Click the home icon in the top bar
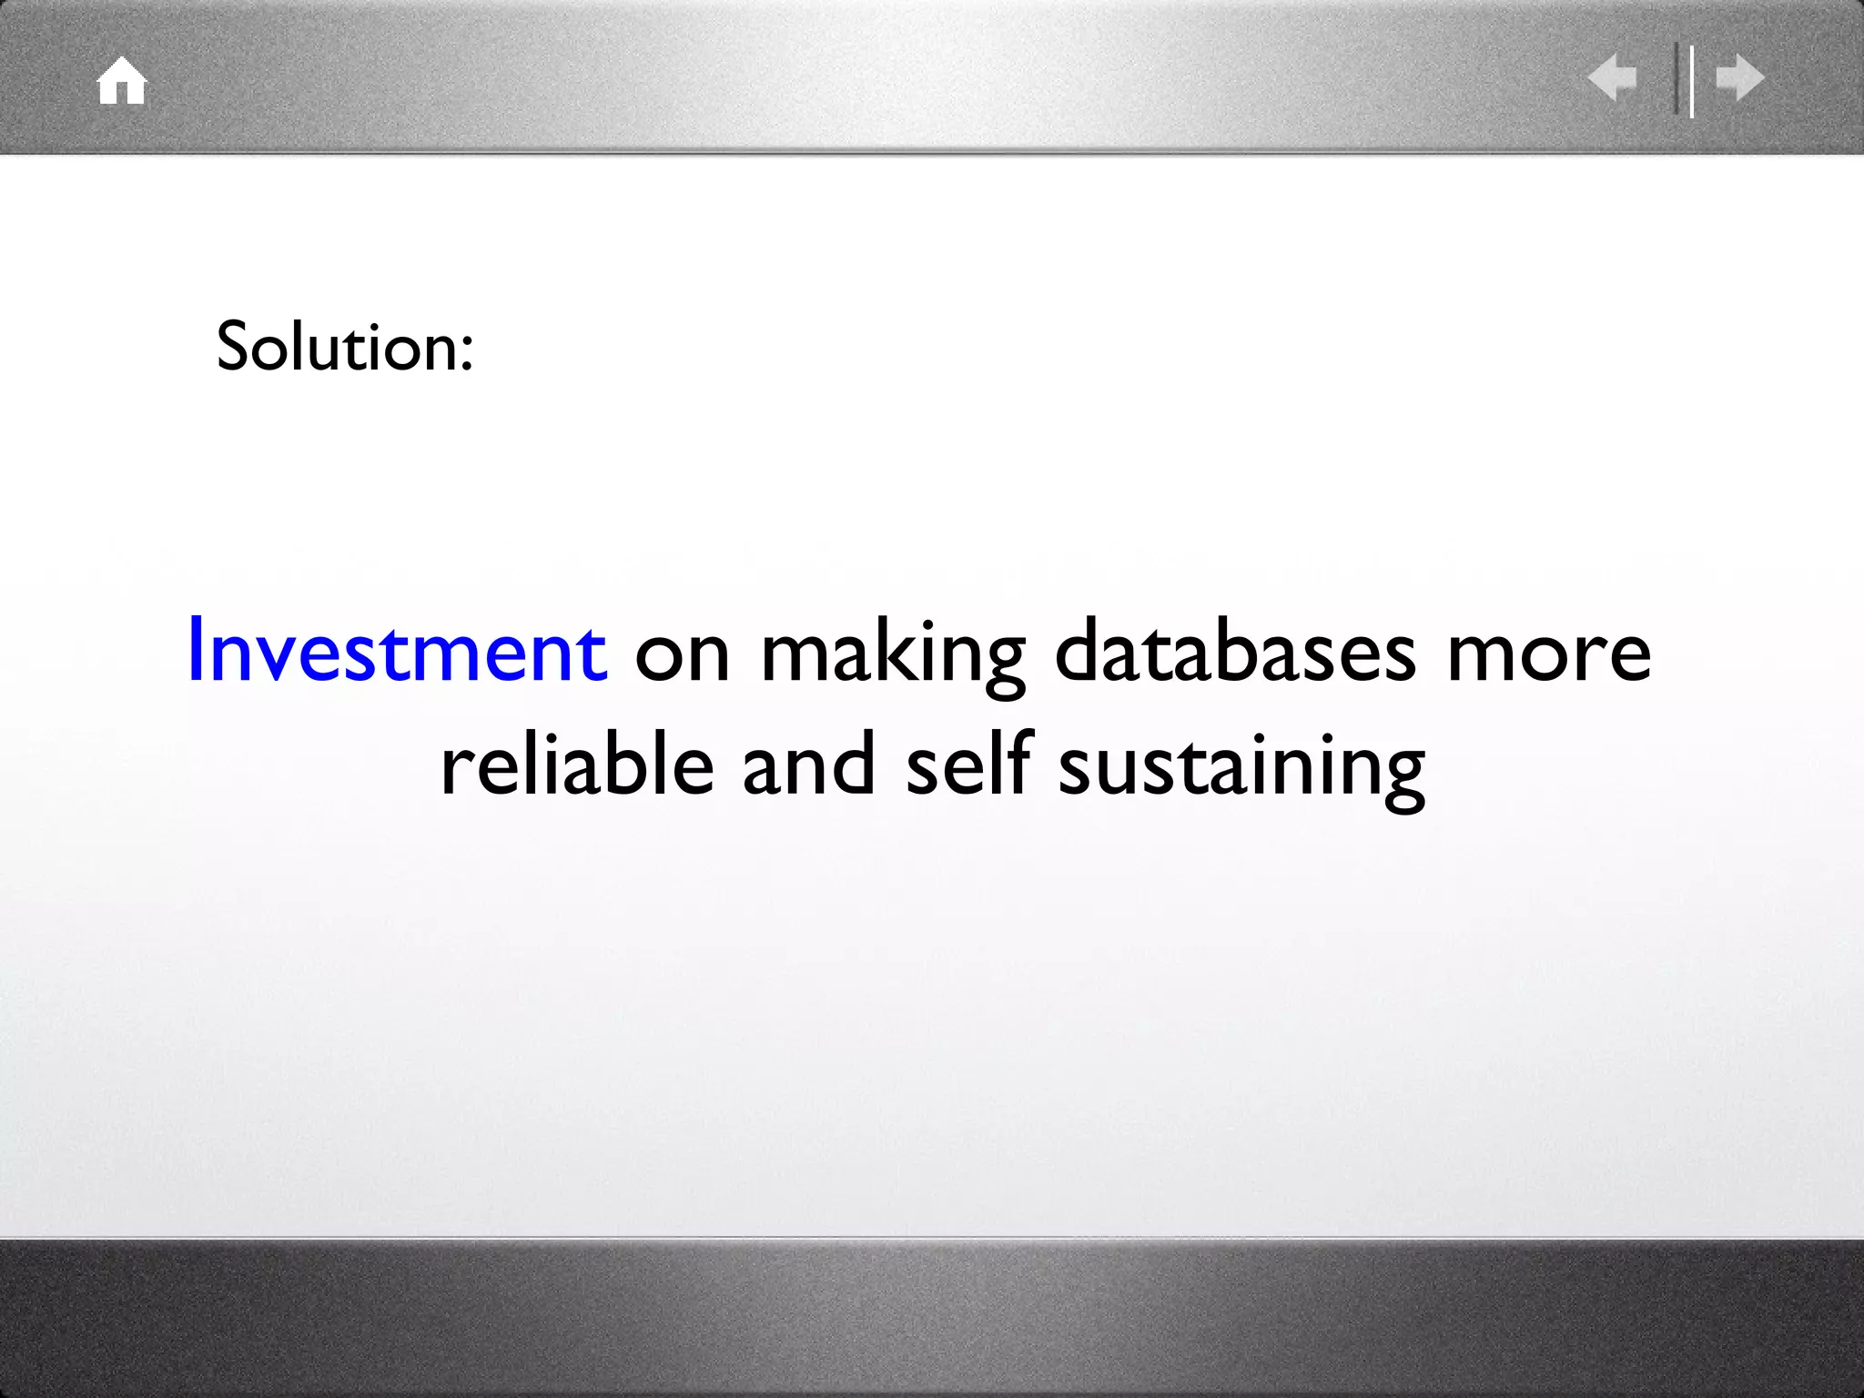[122, 81]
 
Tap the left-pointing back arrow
[1612, 77]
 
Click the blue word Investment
[397, 651]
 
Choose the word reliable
[577, 765]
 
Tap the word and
[808, 765]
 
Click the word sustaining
[1241, 769]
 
